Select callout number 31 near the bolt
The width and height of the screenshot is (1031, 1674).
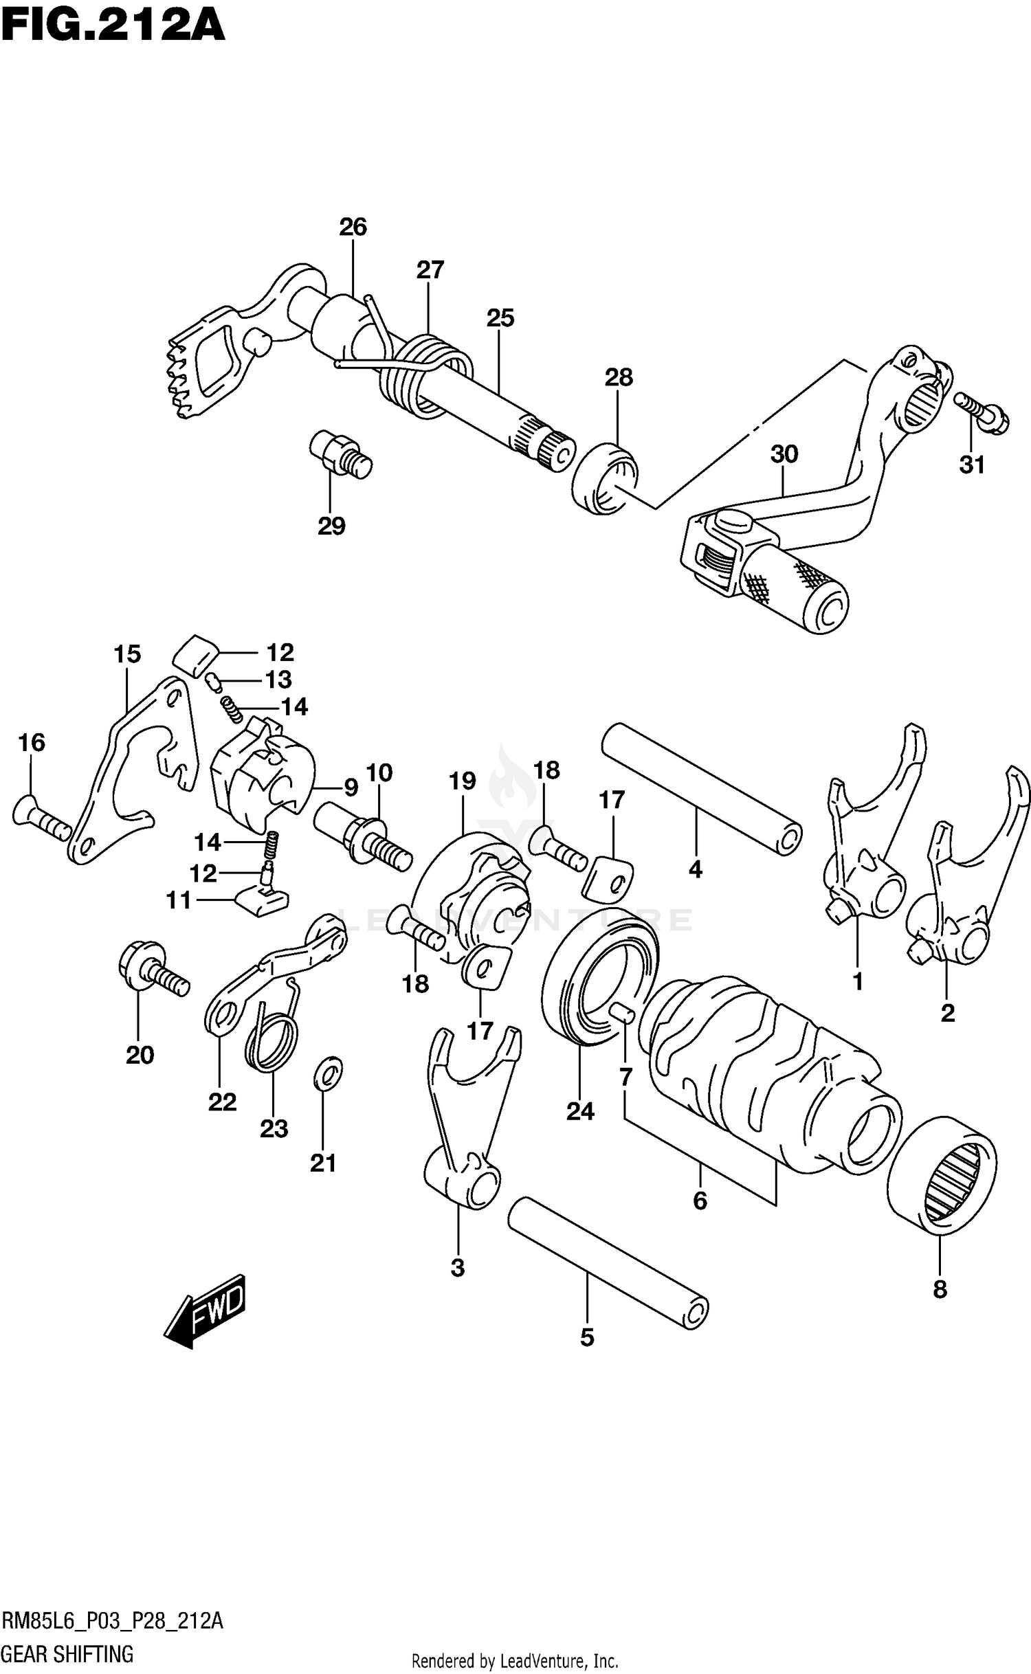click(972, 465)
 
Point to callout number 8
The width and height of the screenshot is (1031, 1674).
click(940, 1290)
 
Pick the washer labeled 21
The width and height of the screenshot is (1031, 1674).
click(328, 1075)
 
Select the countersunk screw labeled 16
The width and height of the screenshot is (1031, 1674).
click(41, 818)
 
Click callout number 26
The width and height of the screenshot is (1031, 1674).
click(353, 227)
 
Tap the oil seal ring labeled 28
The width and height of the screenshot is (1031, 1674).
click(604, 479)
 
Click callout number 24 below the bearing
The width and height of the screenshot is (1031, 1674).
click(580, 1111)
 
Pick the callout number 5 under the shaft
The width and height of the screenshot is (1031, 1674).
click(586, 1337)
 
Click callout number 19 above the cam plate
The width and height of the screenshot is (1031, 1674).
click(463, 781)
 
